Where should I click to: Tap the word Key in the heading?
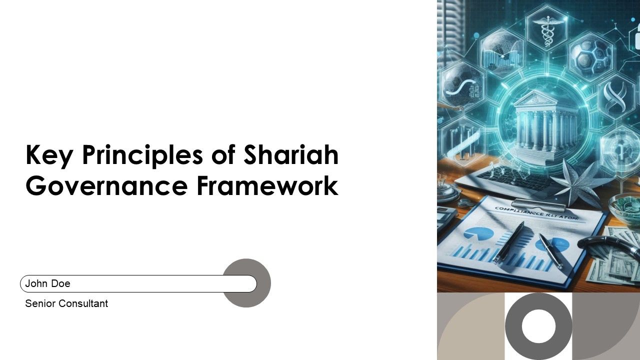[49, 155]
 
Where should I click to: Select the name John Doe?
[48, 283]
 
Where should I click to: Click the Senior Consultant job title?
[66, 303]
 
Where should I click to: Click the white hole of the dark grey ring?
[538, 326]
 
